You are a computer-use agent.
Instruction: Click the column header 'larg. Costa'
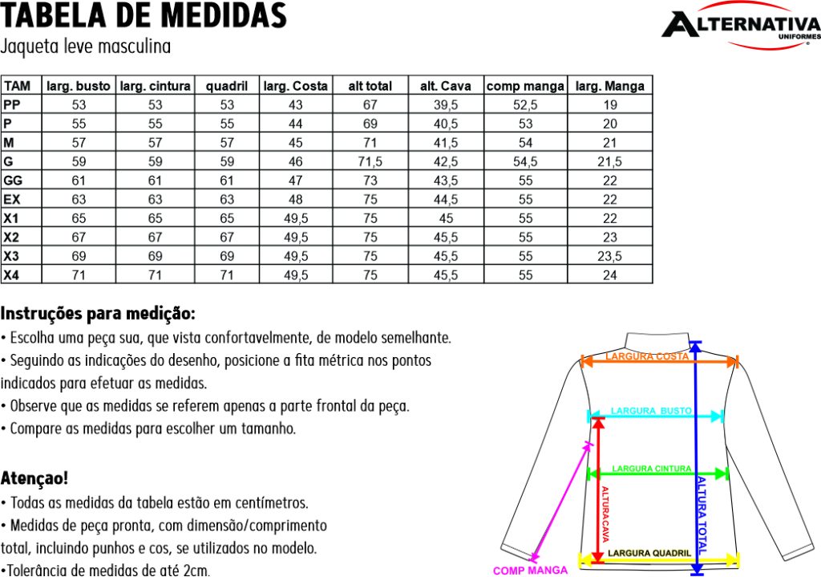tap(296, 86)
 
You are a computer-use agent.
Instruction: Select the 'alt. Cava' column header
tap(446, 86)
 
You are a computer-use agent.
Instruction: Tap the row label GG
tap(13, 181)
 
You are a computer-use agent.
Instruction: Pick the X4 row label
tap(11, 275)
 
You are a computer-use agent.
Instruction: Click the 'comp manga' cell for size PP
tap(525, 105)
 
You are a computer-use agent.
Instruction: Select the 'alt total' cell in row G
tap(370, 162)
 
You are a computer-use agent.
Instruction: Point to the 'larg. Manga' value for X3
tap(609, 257)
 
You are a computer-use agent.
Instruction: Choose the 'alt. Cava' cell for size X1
tap(446, 218)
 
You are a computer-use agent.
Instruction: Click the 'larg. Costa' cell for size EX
tap(296, 200)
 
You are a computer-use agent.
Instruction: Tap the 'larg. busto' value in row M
tap(79, 143)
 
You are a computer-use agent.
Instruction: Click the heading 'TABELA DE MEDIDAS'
tap(144, 15)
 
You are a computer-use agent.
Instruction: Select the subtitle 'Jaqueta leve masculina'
tap(86, 46)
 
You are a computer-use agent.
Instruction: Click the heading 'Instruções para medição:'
tap(98, 312)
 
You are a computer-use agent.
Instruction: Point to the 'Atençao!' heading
tap(34, 478)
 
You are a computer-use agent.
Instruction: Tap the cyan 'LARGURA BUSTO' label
tap(651, 411)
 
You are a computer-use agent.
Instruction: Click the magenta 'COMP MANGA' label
tap(530, 571)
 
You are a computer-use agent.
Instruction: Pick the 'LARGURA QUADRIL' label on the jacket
tap(649, 553)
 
